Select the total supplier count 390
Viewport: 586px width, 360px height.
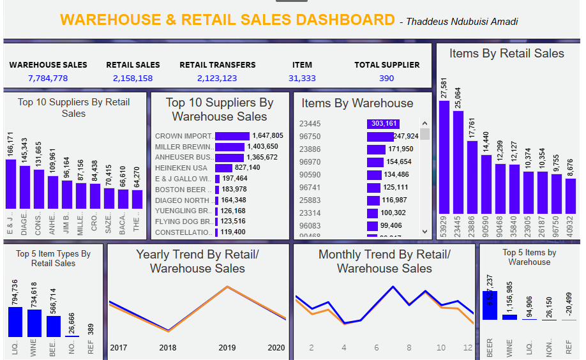(387, 79)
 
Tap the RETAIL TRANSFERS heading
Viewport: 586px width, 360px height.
(217, 64)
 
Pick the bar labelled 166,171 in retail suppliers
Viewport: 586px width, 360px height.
(11, 183)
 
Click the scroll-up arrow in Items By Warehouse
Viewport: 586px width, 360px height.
(424, 123)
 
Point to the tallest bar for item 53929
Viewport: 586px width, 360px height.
(444, 156)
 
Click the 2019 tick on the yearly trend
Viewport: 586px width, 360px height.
(227, 348)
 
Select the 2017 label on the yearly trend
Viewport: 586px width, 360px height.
(119, 348)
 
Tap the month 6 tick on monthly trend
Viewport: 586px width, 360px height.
(377, 348)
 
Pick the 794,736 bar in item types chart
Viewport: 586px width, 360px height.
(15, 322)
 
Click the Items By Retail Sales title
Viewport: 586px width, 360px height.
(506, 54)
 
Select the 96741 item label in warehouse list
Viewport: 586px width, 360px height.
(310, 187)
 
